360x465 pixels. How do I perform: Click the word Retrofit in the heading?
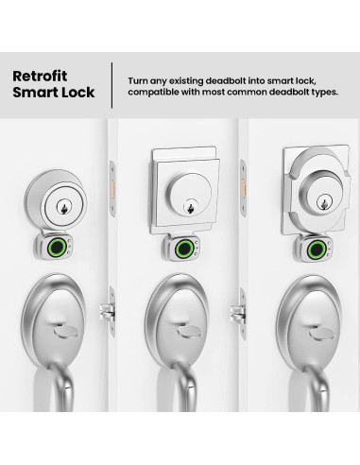42,75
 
